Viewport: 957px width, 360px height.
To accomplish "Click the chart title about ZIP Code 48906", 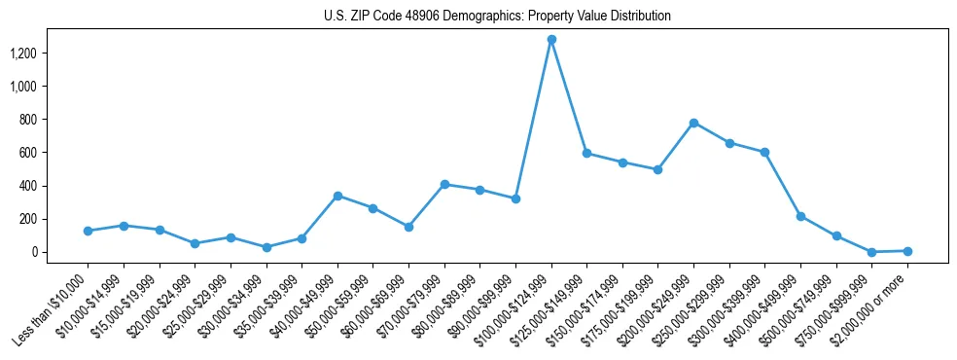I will point(497,16).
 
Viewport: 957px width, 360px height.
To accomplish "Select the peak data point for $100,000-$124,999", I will point(551,39).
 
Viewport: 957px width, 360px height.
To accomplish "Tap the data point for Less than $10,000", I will point(88,231).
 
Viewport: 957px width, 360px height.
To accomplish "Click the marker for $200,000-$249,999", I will point(693,123).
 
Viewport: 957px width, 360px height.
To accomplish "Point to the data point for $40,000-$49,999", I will point(337,196).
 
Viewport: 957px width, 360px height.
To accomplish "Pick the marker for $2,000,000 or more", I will point(907,251).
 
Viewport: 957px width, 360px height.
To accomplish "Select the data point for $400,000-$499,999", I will point(800,216).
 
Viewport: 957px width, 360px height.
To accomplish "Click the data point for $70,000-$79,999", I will point(444,184).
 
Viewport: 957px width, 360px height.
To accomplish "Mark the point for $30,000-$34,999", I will point(266,247).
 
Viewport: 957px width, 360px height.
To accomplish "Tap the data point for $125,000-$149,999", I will point(586,153).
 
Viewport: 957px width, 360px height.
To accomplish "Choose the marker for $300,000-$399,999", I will point(764,152).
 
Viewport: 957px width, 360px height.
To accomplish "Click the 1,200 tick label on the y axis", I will point(23,53).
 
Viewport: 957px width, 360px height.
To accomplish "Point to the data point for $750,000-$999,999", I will point(871,252).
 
